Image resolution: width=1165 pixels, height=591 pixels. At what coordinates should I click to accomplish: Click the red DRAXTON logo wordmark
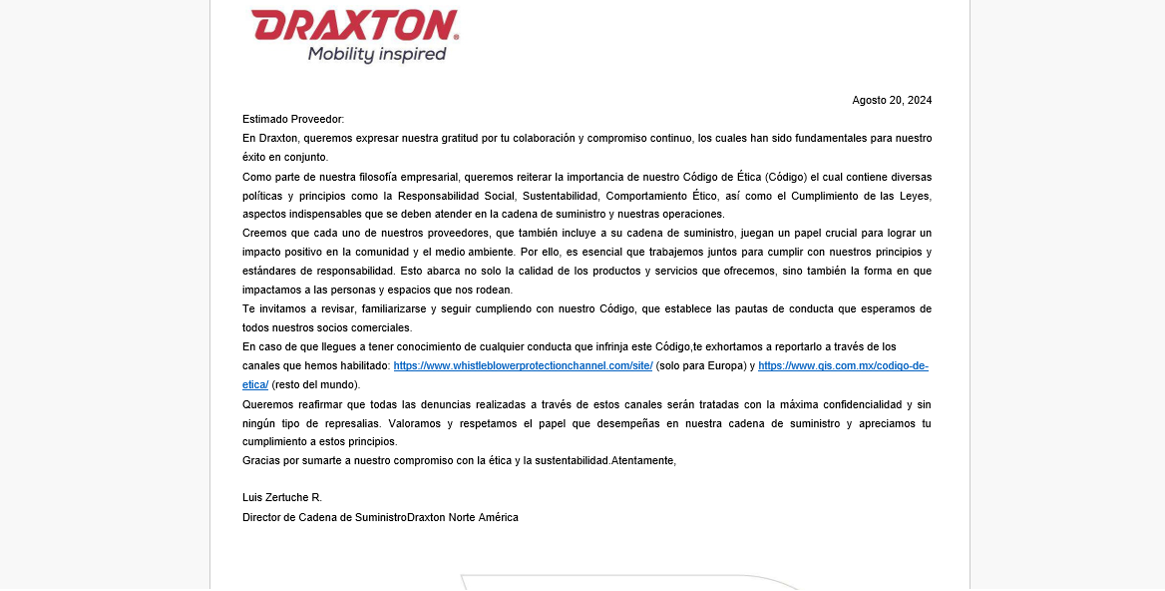(354, 25)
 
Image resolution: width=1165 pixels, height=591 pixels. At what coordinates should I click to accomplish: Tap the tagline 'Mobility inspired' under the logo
(377, 54)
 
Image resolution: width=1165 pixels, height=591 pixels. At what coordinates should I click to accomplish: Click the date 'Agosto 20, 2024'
(892, 100)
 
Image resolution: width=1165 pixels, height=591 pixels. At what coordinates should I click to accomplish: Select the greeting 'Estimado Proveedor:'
(293, 119)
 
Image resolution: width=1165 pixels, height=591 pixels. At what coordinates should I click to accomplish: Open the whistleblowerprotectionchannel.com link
(523, 366)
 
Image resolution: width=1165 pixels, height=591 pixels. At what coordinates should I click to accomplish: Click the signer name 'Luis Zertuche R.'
(282, 497)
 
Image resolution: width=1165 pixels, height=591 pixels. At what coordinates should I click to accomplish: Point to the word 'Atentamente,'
(644, 460)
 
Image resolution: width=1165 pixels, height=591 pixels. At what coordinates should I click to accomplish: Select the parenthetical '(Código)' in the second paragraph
(787, 177)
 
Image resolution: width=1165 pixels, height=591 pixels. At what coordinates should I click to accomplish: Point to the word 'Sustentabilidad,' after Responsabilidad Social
(556, 196)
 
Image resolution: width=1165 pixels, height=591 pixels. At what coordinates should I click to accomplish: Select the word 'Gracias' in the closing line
(261, 460)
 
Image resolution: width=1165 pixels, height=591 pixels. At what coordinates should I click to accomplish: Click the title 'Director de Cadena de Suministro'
(324, 517)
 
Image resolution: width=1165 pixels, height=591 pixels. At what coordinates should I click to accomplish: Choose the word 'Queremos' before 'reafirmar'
(267, 404)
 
